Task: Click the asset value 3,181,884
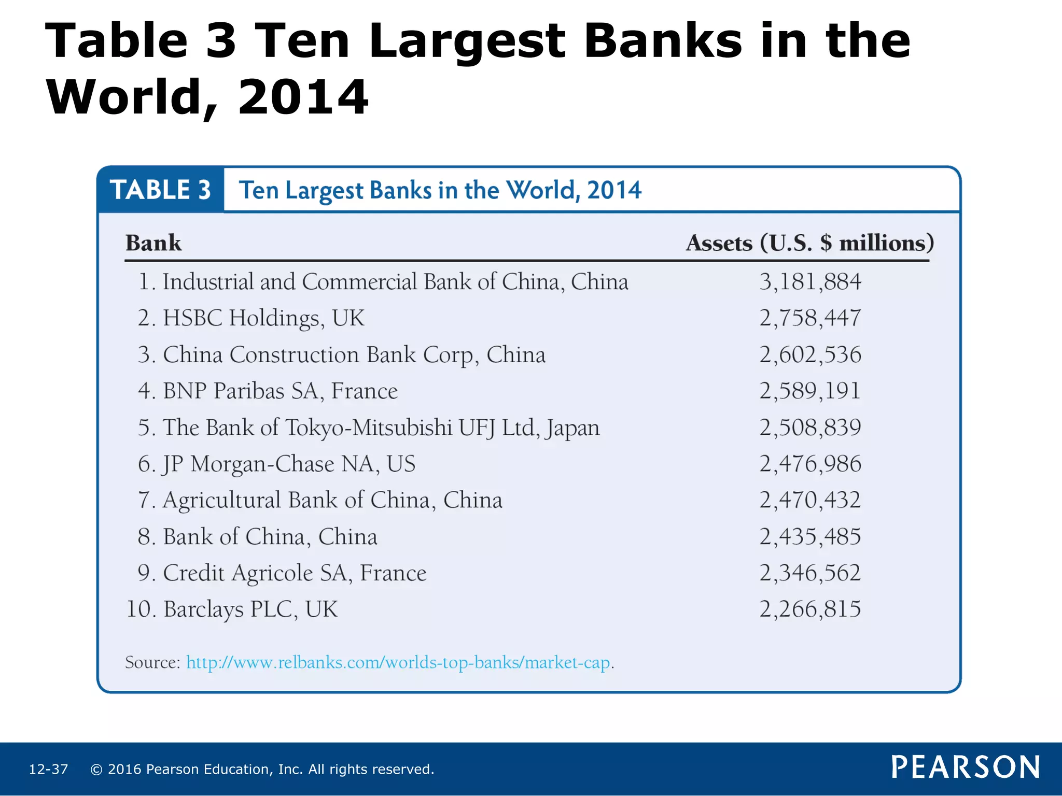(810, 282)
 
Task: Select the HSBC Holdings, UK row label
(251, 318)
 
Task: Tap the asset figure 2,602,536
(810, 355)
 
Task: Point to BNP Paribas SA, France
(268, 391)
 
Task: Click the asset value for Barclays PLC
(810, 609)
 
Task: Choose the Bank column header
(153, 243)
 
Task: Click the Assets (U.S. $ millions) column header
(810, 243)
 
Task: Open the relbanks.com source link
(398, 663)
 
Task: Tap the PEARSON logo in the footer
(966, 767)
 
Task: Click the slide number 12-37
(48, 769)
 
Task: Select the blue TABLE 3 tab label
(161, 190)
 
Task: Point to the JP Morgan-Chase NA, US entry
(277, 464)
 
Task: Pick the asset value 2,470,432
(810, 501)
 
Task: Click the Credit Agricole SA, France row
(282, 573)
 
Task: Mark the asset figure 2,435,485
(810, 537)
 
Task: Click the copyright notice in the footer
(262, 769)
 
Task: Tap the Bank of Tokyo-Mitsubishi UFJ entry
(369, 428)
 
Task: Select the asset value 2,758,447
(810, 318)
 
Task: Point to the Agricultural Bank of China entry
(320, 501)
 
